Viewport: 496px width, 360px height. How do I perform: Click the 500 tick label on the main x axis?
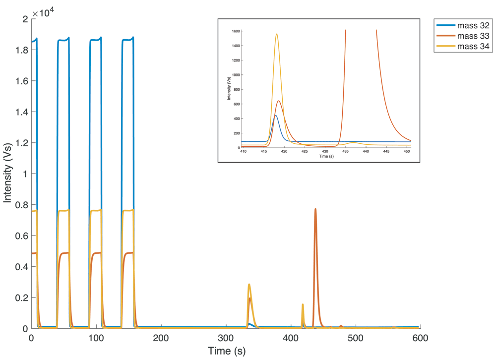pos(356,338)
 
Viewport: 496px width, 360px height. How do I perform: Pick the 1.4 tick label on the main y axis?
pos(22,112)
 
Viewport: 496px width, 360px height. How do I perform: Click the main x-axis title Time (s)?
pos(227,351)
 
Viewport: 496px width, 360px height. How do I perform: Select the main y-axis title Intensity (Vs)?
pos(7,173)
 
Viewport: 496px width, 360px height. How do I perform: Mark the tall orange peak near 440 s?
pos(315,209)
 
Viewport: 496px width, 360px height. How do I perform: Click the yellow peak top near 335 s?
pos(249,285)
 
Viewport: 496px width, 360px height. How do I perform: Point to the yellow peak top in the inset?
pos(277,34)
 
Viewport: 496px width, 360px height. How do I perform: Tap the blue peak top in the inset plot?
pos(275,116)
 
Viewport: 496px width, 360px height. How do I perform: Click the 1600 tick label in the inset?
pos(236,31)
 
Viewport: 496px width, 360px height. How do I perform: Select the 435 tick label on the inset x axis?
pos(345,152)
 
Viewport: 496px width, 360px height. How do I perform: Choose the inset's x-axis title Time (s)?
pos(326,156)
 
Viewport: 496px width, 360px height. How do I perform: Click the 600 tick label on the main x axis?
pos(420,338)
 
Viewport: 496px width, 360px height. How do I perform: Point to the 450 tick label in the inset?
pos(407,152)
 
